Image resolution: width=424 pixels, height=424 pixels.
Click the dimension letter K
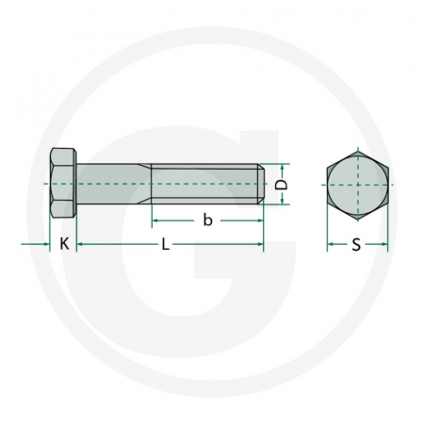pyautogui.click(x=63, y=245)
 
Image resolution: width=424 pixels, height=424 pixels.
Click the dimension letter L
pyautogui.click(x=165, y=245)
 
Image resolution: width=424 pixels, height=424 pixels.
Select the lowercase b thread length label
pyautogui.click(x=207, y=220)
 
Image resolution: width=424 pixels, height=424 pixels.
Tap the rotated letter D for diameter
pyautogui.click(x=280, y=185)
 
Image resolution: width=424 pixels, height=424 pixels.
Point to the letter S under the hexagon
pyautogui.click(x=356, y=246)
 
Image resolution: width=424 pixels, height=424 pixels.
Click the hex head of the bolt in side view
pyautogui.click(x=61, y=184)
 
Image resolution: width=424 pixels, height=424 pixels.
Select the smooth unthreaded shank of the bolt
pyautogui.click(x=111, y=184)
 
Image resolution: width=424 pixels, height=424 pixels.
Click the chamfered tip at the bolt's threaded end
pyautogui.click(x=261, y=184)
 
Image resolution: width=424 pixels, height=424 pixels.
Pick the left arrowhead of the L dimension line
pyautogui.click(x=80, y=245)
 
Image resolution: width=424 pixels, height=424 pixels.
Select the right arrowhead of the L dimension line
pyautogui.click(x=260, y=245)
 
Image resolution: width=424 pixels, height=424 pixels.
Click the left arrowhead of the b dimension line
pyautogui.click(x=155, y=220)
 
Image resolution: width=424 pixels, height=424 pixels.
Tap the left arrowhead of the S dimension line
pyautogui.click(x=330, y=246)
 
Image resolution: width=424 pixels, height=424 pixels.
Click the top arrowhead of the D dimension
pyautogui.click(x=280, y=168)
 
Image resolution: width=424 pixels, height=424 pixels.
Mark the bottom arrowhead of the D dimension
pyautogui.click(x=280, y=201)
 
